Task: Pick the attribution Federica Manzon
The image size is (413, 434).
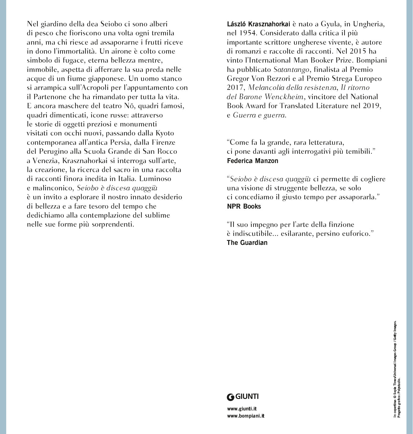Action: coord(252,161)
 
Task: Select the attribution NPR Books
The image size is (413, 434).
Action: coord(244,206)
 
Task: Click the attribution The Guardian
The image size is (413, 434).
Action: coord(247,242)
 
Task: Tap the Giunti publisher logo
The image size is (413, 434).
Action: coord(243,396)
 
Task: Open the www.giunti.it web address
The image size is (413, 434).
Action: coord(241,409)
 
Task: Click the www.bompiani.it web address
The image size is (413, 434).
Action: coord(246,416)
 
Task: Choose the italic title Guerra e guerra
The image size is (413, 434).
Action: coord(259,115)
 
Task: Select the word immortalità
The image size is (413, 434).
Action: coord(69,51)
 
